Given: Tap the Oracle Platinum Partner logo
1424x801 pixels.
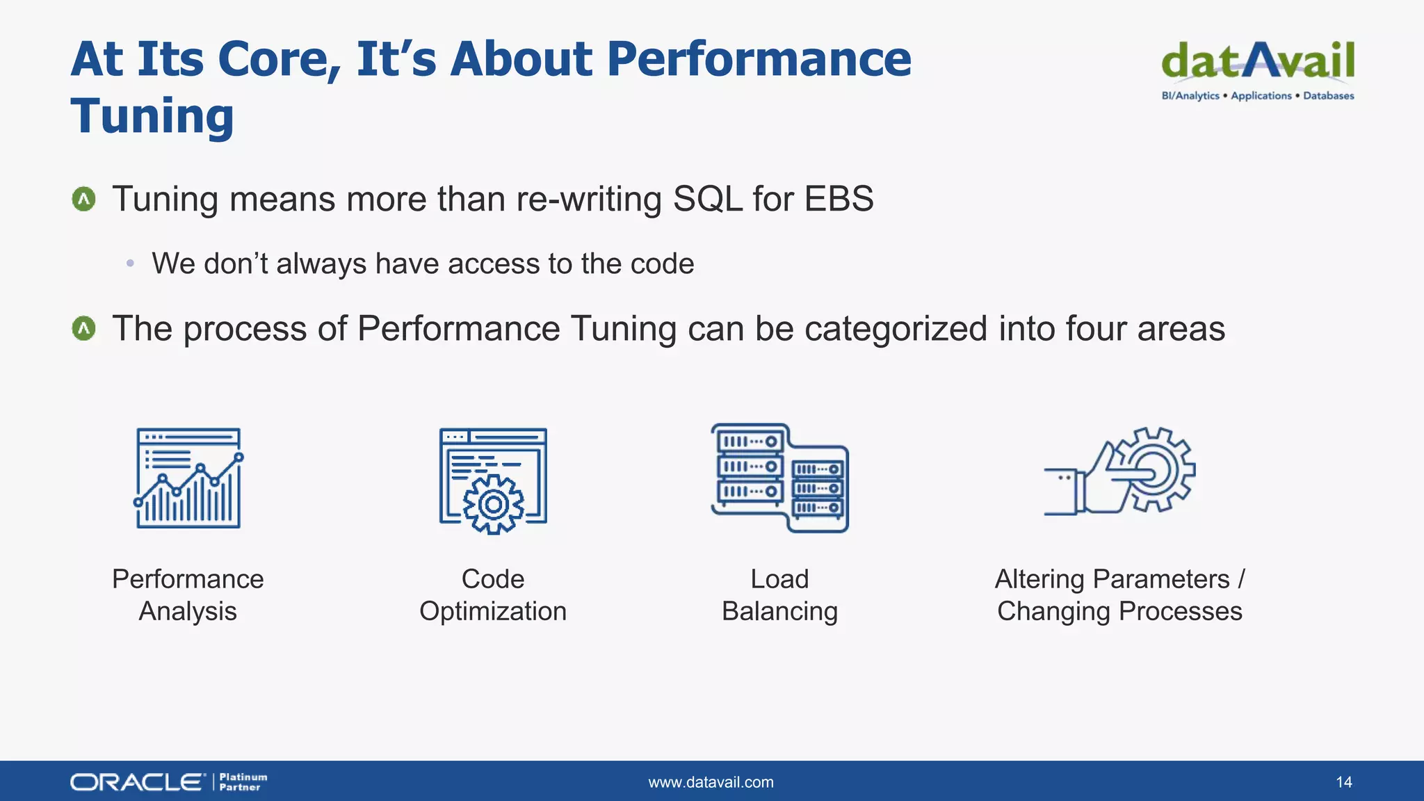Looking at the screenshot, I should (168, 782).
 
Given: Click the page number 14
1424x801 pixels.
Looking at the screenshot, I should (1343, 782).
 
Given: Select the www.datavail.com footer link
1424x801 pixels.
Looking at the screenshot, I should (711, 782).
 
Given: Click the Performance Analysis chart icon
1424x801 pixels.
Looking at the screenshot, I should (188, 478).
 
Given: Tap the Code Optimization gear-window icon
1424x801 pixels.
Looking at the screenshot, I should (493, 480).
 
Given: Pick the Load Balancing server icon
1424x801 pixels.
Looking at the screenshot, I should (779, 478).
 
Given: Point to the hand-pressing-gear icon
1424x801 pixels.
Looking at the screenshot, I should (1119, 471).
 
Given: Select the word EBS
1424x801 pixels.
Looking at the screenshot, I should (839, 199).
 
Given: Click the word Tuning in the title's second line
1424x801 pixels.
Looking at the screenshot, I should (152, 115).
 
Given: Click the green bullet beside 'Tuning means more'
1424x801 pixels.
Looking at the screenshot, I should (84, 200).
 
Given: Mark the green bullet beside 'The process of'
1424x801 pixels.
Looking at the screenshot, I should (84, 328).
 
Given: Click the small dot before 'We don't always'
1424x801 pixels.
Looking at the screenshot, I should (130, 264).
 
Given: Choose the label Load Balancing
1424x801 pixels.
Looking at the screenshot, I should (779, 595).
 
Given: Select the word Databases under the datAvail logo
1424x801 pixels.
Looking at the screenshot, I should (1328, 96).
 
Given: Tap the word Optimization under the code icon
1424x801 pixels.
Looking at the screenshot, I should (493, 611).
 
